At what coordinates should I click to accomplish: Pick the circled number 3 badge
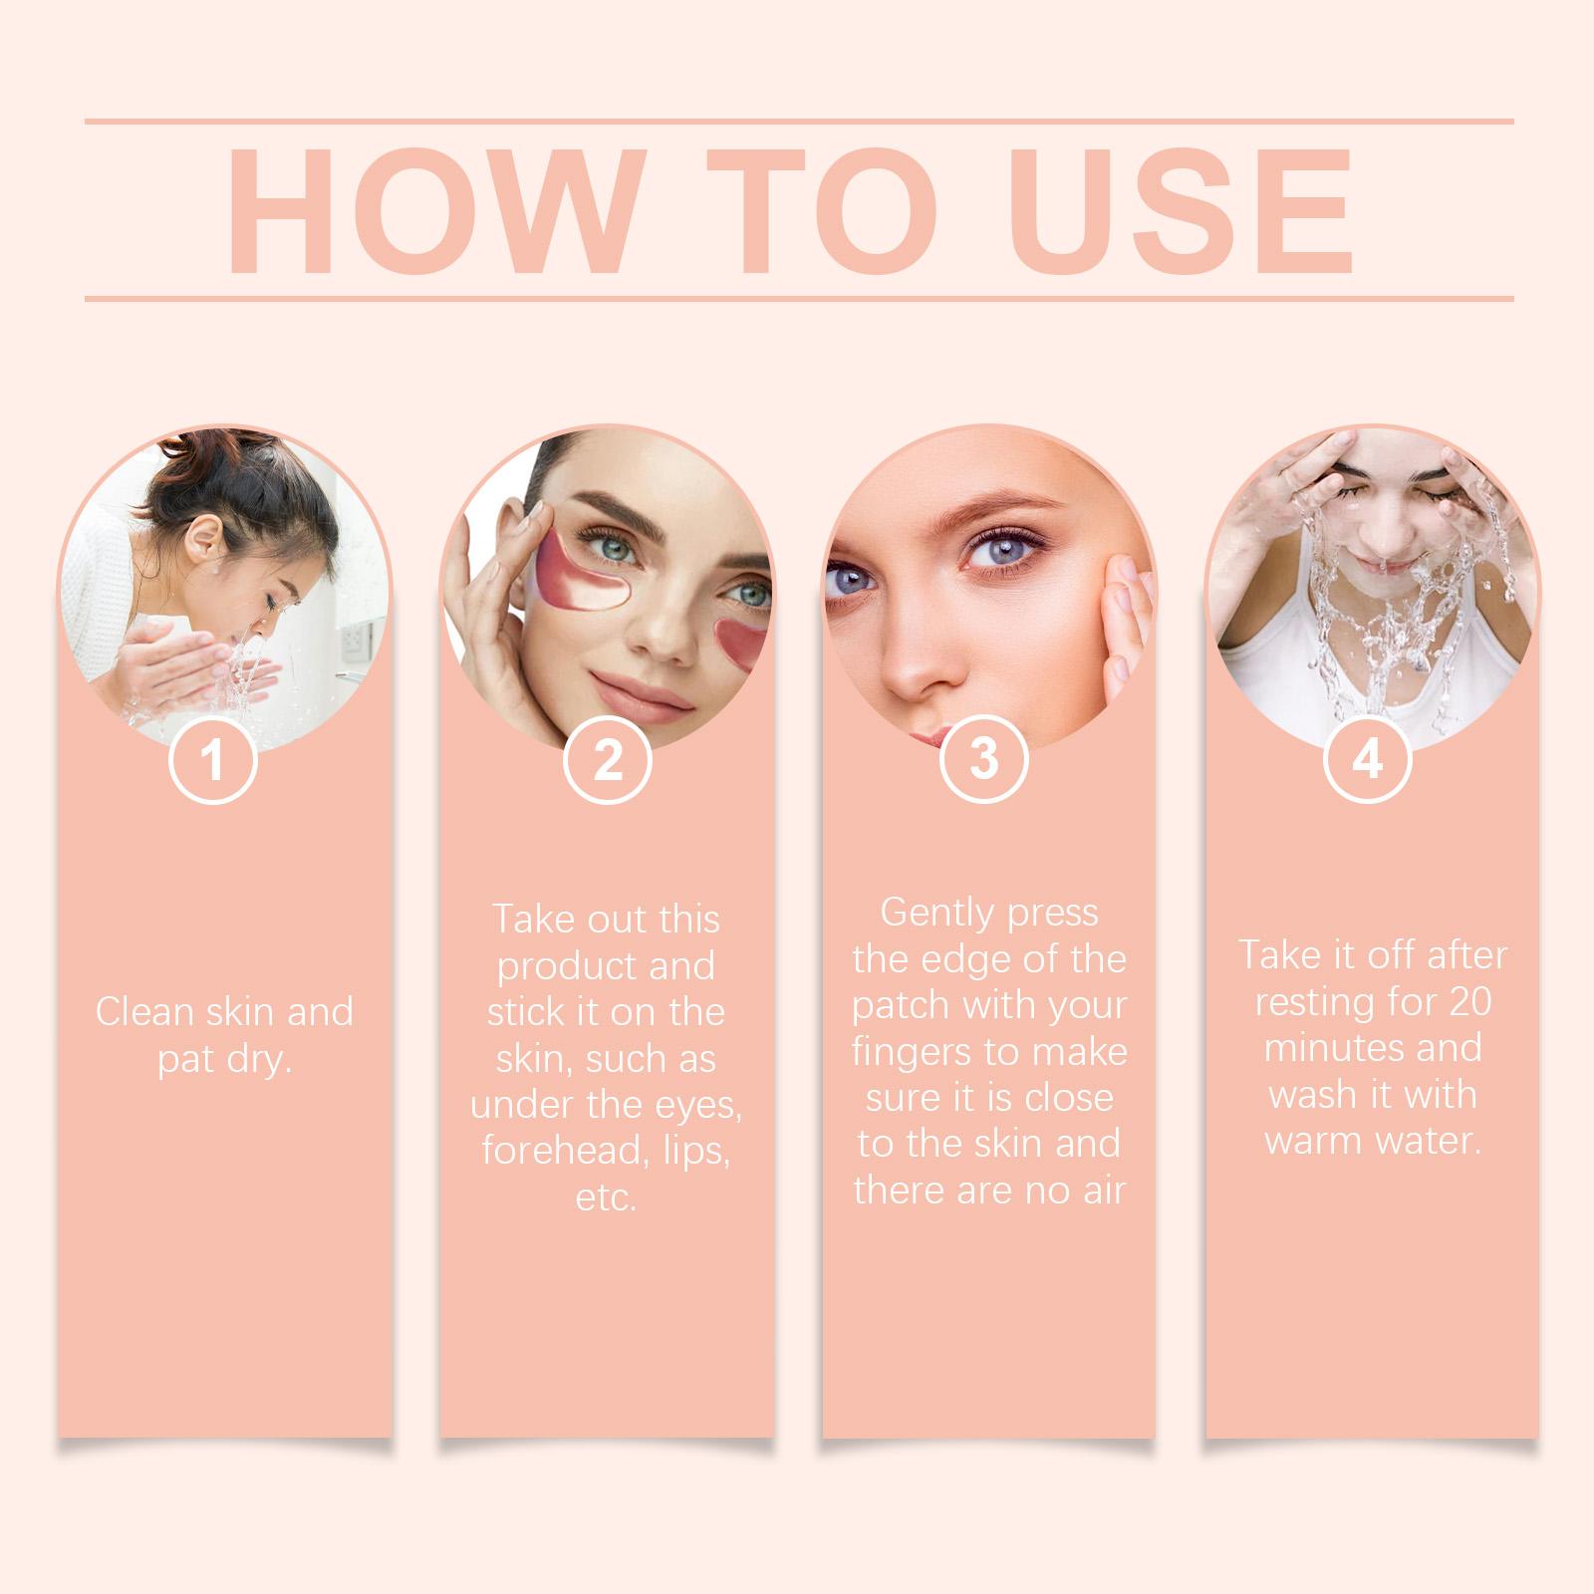(x=984, y=758)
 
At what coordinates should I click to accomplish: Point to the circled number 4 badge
(x=1367, y=759)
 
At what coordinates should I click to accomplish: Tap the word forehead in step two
(x=554, y=1151)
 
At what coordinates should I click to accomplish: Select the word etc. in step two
(x=606, y=1196)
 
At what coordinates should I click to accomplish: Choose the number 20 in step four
(x=1469, y=1002)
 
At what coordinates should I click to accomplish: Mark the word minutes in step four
(x=1313, y=1048)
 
